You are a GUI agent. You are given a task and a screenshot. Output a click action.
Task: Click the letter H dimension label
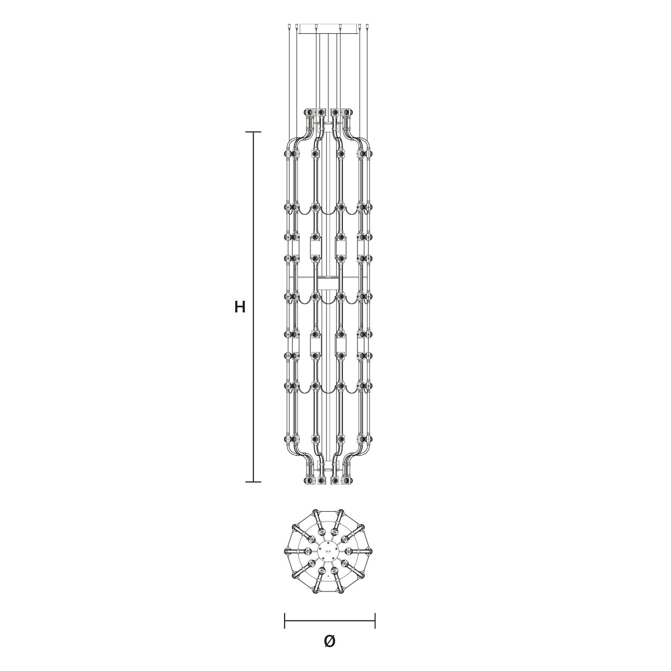point(240,307)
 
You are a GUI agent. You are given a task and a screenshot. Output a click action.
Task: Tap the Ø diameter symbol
point(330,641)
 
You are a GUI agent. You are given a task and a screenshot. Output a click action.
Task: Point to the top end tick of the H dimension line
point(253,132)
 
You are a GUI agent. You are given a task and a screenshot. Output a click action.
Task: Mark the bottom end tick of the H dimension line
point(253,482)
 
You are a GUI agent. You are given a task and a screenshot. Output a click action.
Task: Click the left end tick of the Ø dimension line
point(285,621)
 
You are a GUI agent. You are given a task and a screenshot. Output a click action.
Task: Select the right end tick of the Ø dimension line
point(375,621)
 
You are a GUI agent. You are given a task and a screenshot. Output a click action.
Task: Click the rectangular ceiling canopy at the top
point(328,29)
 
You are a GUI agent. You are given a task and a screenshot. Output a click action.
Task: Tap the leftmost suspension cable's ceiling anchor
point(290,26)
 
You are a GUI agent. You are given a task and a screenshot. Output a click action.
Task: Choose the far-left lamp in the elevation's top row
point(309,112)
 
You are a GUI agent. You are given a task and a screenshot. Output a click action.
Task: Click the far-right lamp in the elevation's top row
point(348,112)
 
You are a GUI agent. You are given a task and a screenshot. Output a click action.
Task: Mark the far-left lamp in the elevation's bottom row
point(309,481)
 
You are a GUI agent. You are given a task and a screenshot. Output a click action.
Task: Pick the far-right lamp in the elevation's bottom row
point(348,481)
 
